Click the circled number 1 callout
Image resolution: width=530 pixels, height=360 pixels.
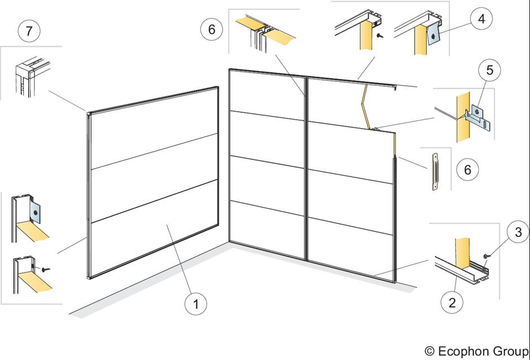coord(196,304)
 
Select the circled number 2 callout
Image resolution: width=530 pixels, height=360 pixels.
coord(453,302)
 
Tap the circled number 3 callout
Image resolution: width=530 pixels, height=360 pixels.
coord(519,231)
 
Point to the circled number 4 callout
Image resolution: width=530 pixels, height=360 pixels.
coord(482,19)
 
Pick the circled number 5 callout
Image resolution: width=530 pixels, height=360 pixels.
coord(490,70)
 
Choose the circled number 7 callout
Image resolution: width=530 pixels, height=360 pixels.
coord(29,31)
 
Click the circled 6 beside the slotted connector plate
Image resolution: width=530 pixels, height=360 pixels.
coord(468,169)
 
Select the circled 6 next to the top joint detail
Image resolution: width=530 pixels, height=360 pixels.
coord(212,29)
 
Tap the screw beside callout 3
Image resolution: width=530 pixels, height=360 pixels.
coord(485,257)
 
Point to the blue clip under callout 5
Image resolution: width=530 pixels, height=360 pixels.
coord(478,116)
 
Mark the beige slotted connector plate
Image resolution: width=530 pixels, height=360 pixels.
coord(435,172)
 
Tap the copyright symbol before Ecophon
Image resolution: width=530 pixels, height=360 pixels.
coord(430,350)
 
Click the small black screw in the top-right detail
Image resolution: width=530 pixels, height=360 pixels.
coord(380,34)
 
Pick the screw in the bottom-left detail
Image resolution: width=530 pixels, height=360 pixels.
coord(45,269)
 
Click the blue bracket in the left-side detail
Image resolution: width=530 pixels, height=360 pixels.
coord(36,213)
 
